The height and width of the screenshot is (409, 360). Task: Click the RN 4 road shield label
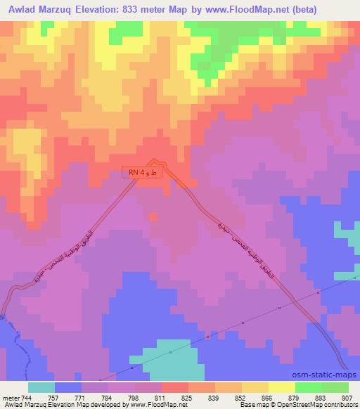(x=146, y=172)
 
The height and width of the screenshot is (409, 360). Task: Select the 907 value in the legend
(x=347, y=397)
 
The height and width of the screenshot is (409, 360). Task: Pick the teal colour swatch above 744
(x=41, y=387)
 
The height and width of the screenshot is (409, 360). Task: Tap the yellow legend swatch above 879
(x=281, y=387)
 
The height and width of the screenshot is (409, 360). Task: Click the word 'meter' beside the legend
(x=11, y=397)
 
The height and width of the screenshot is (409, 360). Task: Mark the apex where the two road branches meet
(x=153, y=160)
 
